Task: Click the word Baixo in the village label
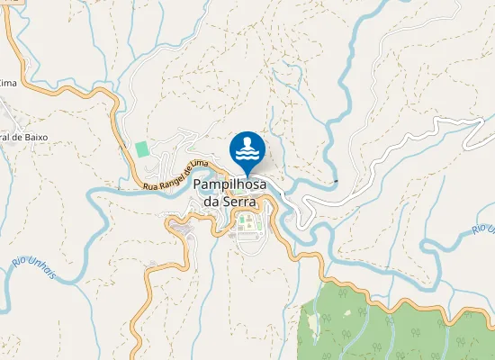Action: (x=31, y=137)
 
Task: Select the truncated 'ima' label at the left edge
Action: (x=8, y=83)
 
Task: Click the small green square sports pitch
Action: (x=140, y=148)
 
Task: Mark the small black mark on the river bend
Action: (x=335, y=182)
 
